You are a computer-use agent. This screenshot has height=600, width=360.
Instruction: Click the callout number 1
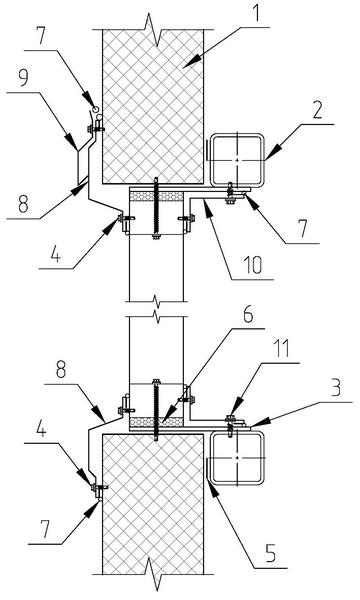[x=256, y=14]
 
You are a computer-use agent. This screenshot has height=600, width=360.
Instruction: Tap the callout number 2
[x=317, y=111]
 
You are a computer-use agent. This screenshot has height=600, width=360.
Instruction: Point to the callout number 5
[x=270, y=554]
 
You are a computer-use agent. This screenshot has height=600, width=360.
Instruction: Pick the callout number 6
[x=248, y=315]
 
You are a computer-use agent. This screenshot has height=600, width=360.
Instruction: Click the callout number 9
[x=23, y=78]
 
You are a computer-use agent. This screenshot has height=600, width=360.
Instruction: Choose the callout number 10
[x=253, y=265]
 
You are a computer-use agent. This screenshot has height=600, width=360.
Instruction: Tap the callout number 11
[x=282, y=349]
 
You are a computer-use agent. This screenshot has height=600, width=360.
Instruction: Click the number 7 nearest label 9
[x=41, y=36]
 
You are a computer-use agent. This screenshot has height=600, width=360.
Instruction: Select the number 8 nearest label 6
[x=61, y=370]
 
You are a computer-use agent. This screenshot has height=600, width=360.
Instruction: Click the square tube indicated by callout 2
[x=237, y=160]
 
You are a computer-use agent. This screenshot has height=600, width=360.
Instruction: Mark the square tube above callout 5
[x=237, y=457]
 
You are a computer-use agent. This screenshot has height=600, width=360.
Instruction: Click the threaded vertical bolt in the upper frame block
[x=156, y=209]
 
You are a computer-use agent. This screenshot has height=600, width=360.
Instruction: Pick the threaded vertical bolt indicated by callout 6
[x=156, y=409]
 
